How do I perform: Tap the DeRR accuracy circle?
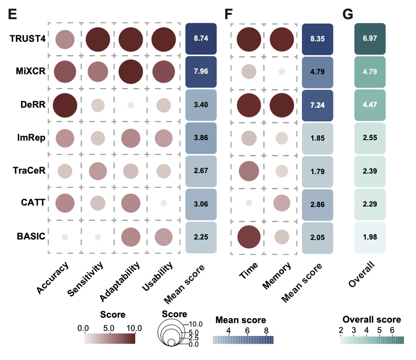point(64,105)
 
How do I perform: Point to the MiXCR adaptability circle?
point(132,71)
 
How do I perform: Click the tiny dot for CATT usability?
point(163,203)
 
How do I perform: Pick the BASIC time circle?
point(249,237)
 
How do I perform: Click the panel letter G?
point(348,14)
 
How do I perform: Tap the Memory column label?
point(278,276)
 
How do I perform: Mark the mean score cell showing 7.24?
point(318,105)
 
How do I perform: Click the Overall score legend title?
point(371,320)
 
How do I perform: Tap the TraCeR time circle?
point(249,171)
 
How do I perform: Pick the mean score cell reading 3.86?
point(202,138)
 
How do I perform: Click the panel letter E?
point(13,14)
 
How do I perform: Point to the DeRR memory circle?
point(282,105)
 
